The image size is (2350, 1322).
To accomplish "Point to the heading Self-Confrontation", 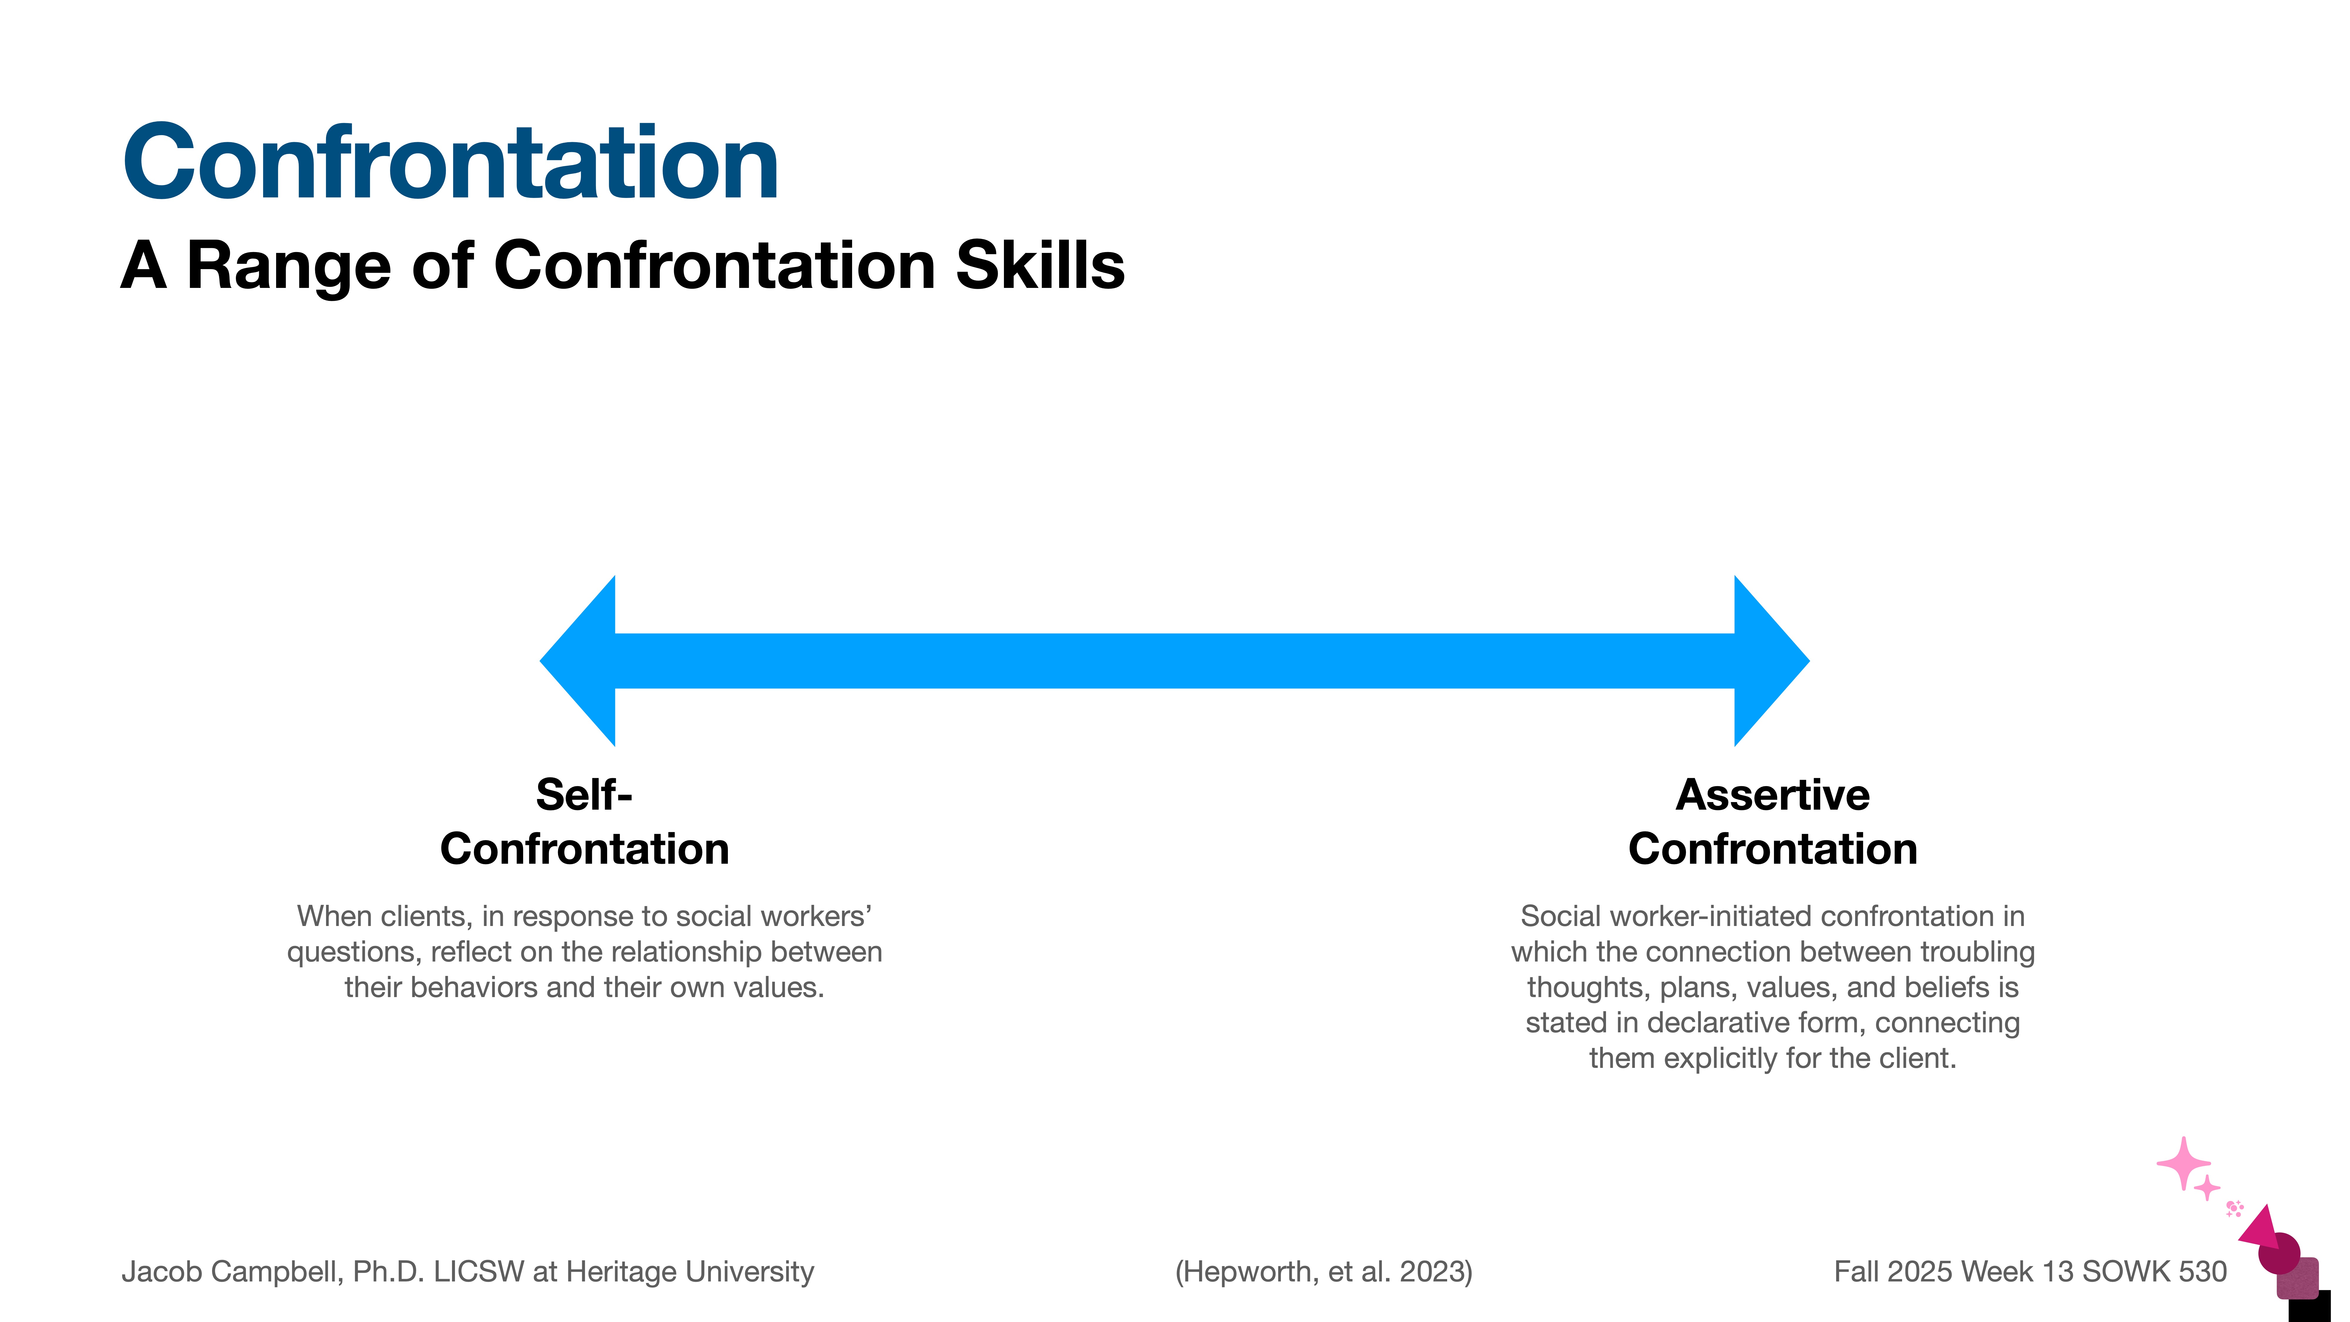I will click(584, 821).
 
